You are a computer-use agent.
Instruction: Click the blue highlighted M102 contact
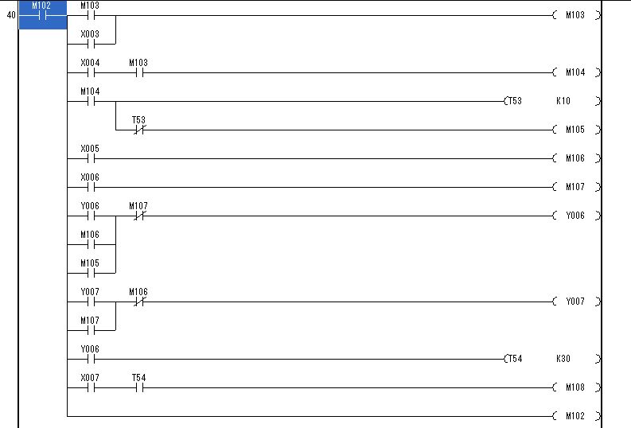pyautogui.click(x=43, y=15)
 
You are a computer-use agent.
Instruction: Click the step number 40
pyautogui.click(x=11, y=15)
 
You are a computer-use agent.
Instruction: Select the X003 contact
pyautogui.click(x=90, y=39)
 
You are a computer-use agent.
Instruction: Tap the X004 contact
pyautogui.click(x=90, y=68)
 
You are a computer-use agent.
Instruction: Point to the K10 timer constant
pyautogui.click(x=563, y=101)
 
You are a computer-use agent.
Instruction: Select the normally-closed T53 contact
pyautogui.click(x=138, y=125)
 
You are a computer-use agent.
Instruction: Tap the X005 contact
pyautogui.click(x=90, y=154)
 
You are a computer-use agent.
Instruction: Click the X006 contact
pyautogui.click(x=90, y=182)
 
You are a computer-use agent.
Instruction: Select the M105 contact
pyautogui.click(x=90, y=268)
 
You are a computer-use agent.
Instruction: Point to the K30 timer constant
pyautogui.click(x=563, y=359)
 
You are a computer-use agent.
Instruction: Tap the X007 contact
pyautogui.click(x=90, y=383)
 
